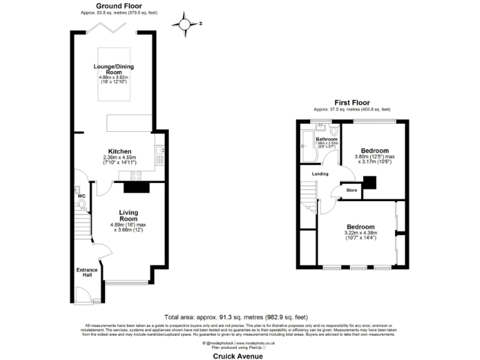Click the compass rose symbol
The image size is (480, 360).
pos(186,24)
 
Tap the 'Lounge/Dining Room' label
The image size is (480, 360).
pos(114,69)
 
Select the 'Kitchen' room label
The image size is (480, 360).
pos(119,152)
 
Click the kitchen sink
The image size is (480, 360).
pos(161,151)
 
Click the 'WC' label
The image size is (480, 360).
pos(81,196)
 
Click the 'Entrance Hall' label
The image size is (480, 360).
pos(87,272)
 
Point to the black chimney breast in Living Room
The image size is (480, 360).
pos(136,186)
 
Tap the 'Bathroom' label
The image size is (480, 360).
pos(326,139)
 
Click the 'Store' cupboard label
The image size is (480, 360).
pos(352,191)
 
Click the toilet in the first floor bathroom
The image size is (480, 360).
pos(334,131)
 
